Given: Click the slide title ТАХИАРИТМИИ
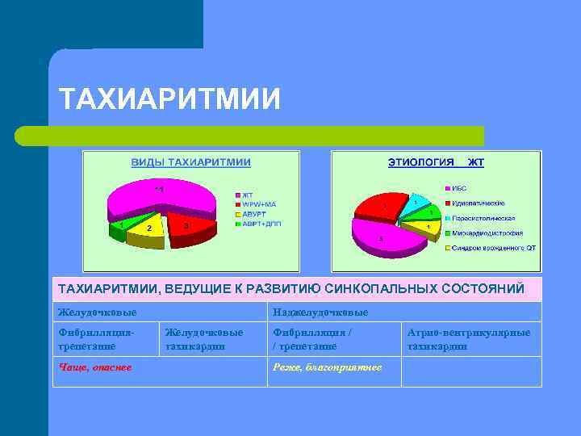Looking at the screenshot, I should (x=170, y=99).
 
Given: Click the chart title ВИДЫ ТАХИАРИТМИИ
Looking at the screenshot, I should (x=191, y=162).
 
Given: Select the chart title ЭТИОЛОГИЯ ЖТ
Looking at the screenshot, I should (x=436, y=162).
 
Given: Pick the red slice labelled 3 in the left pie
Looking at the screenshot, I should (x=190, y=226).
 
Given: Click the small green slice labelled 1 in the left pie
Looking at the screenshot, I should (x=123, y=224).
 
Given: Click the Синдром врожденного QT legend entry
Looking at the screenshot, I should (x=493, y=249).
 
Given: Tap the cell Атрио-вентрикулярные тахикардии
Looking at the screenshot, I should (x=469, y=339).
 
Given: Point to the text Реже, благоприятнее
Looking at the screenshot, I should (x=327, y=367).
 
